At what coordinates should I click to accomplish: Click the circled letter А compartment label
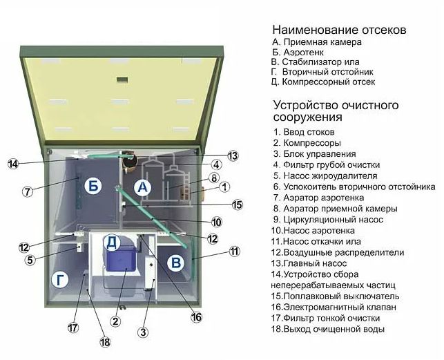(142, 187)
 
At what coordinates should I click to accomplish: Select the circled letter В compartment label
(176, 263)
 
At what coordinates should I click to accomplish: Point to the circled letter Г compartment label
(61, 279)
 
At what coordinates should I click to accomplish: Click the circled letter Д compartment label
(112, 242)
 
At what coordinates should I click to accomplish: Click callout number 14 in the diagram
(13, 164)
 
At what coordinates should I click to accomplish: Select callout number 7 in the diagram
(28, 191)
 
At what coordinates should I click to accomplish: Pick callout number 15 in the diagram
(238, 204)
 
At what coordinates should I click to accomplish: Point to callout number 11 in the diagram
(235, 251)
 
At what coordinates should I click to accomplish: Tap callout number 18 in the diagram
(106, 341)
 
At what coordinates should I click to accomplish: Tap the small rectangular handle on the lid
(122, 79)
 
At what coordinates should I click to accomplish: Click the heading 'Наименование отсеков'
(338, 30)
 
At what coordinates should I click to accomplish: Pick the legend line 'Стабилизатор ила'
(315, 60)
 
